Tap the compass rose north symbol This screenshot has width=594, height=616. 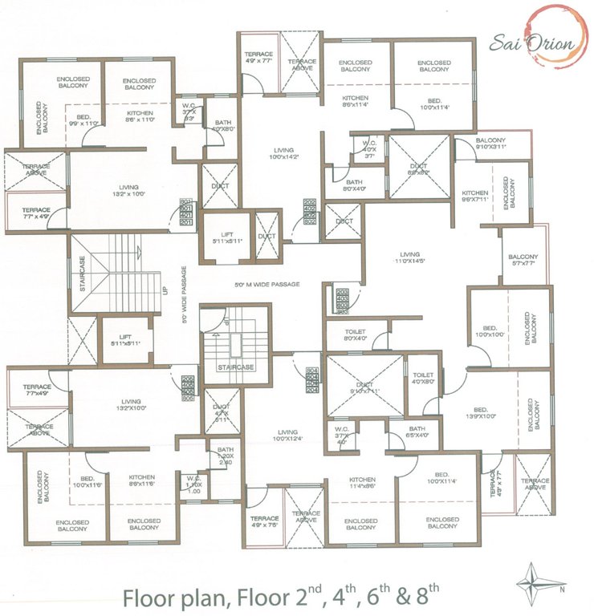pos(534,579)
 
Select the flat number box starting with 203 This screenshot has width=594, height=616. pos(340,300)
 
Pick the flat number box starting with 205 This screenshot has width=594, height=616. pos(189,387)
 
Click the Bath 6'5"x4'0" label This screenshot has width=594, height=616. pos(415,432)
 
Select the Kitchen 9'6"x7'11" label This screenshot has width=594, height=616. pos(475,197)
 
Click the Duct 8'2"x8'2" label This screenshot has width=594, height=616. pos(419,169)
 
